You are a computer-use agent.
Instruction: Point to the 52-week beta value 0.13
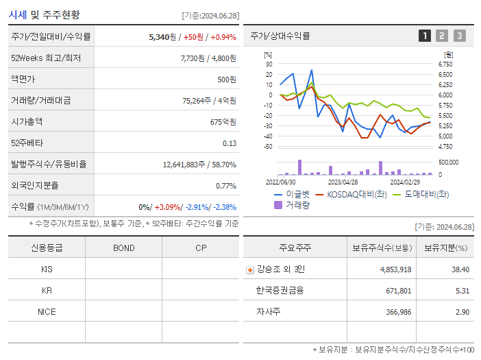[x=230, y=143]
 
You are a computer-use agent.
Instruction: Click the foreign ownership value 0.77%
[x=225, y=186]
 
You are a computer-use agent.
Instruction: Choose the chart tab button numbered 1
[x=425, y=36]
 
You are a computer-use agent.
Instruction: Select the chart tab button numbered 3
[x=459, y=36]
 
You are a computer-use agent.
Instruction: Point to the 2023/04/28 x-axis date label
[x=343, y=182]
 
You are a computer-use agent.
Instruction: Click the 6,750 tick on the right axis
[x=445, y=64]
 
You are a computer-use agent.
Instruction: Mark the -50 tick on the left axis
[x=268, y=147]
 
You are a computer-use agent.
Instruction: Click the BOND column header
[x=123, y=248]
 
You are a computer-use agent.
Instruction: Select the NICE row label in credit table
[x=47, y=311]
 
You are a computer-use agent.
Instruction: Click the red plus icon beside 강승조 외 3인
[x=249, y=269]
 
